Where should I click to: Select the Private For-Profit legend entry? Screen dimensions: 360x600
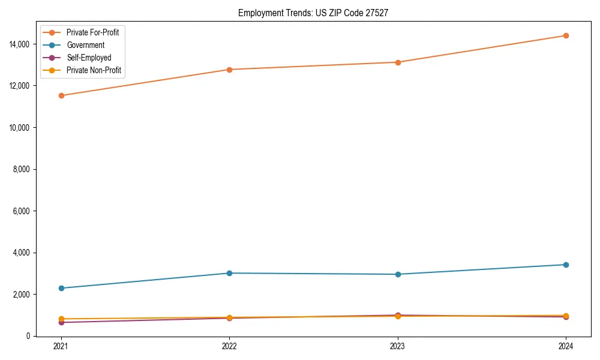[92, 32]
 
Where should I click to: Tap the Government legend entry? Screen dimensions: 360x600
[85, 45]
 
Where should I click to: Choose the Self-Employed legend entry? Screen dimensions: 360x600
[89, 58]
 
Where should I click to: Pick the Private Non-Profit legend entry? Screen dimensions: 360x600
[94, 70]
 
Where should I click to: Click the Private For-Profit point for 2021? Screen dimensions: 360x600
[61, 95]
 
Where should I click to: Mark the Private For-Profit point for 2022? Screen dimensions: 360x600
[229, 70]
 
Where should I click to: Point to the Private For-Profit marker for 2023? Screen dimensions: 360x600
[398, 62]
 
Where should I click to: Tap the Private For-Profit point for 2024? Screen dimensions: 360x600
[566, 35]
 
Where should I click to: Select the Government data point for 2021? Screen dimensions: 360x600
[61, 288]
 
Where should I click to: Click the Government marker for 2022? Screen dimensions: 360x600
[229, 273]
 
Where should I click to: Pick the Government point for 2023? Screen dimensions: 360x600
[398, 274]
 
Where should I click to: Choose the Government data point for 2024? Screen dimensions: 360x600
[566, 265]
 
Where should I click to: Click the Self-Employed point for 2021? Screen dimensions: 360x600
[61, 323]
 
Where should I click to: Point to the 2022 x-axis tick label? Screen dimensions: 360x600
[229, 346]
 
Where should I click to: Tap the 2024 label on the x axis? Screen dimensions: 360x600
[566, 346]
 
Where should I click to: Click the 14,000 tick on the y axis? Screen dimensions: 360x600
[20, 44]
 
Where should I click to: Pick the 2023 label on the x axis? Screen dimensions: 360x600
[398, 346]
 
